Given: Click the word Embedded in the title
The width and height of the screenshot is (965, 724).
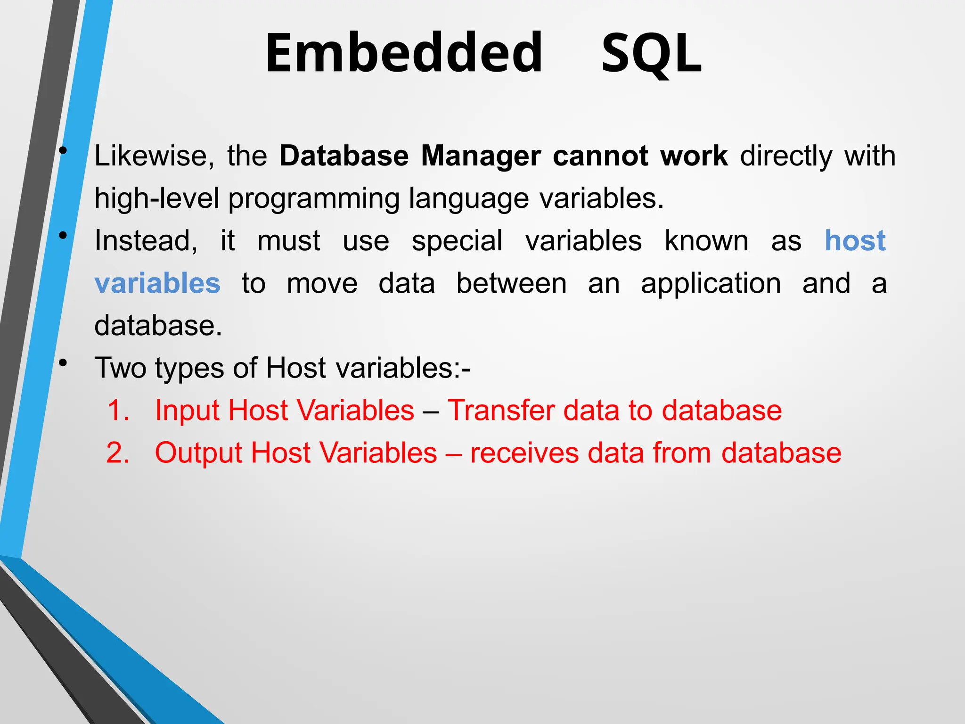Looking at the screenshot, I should click(x=404, y=53).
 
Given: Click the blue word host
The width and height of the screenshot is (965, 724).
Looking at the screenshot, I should click(x=855, y=241).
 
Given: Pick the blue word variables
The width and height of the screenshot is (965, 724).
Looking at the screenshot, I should click(x=157, y=283).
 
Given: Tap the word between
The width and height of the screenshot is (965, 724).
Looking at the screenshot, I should click(x=511, y=283).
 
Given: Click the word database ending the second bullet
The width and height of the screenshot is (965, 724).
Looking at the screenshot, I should click(x=158, y=326).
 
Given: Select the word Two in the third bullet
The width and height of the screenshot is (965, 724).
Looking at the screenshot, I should click(x=120, y=368).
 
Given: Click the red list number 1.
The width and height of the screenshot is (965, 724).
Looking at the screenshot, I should click(x=118, y=410).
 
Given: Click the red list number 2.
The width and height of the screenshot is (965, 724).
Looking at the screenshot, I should click(x=118, y=452).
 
